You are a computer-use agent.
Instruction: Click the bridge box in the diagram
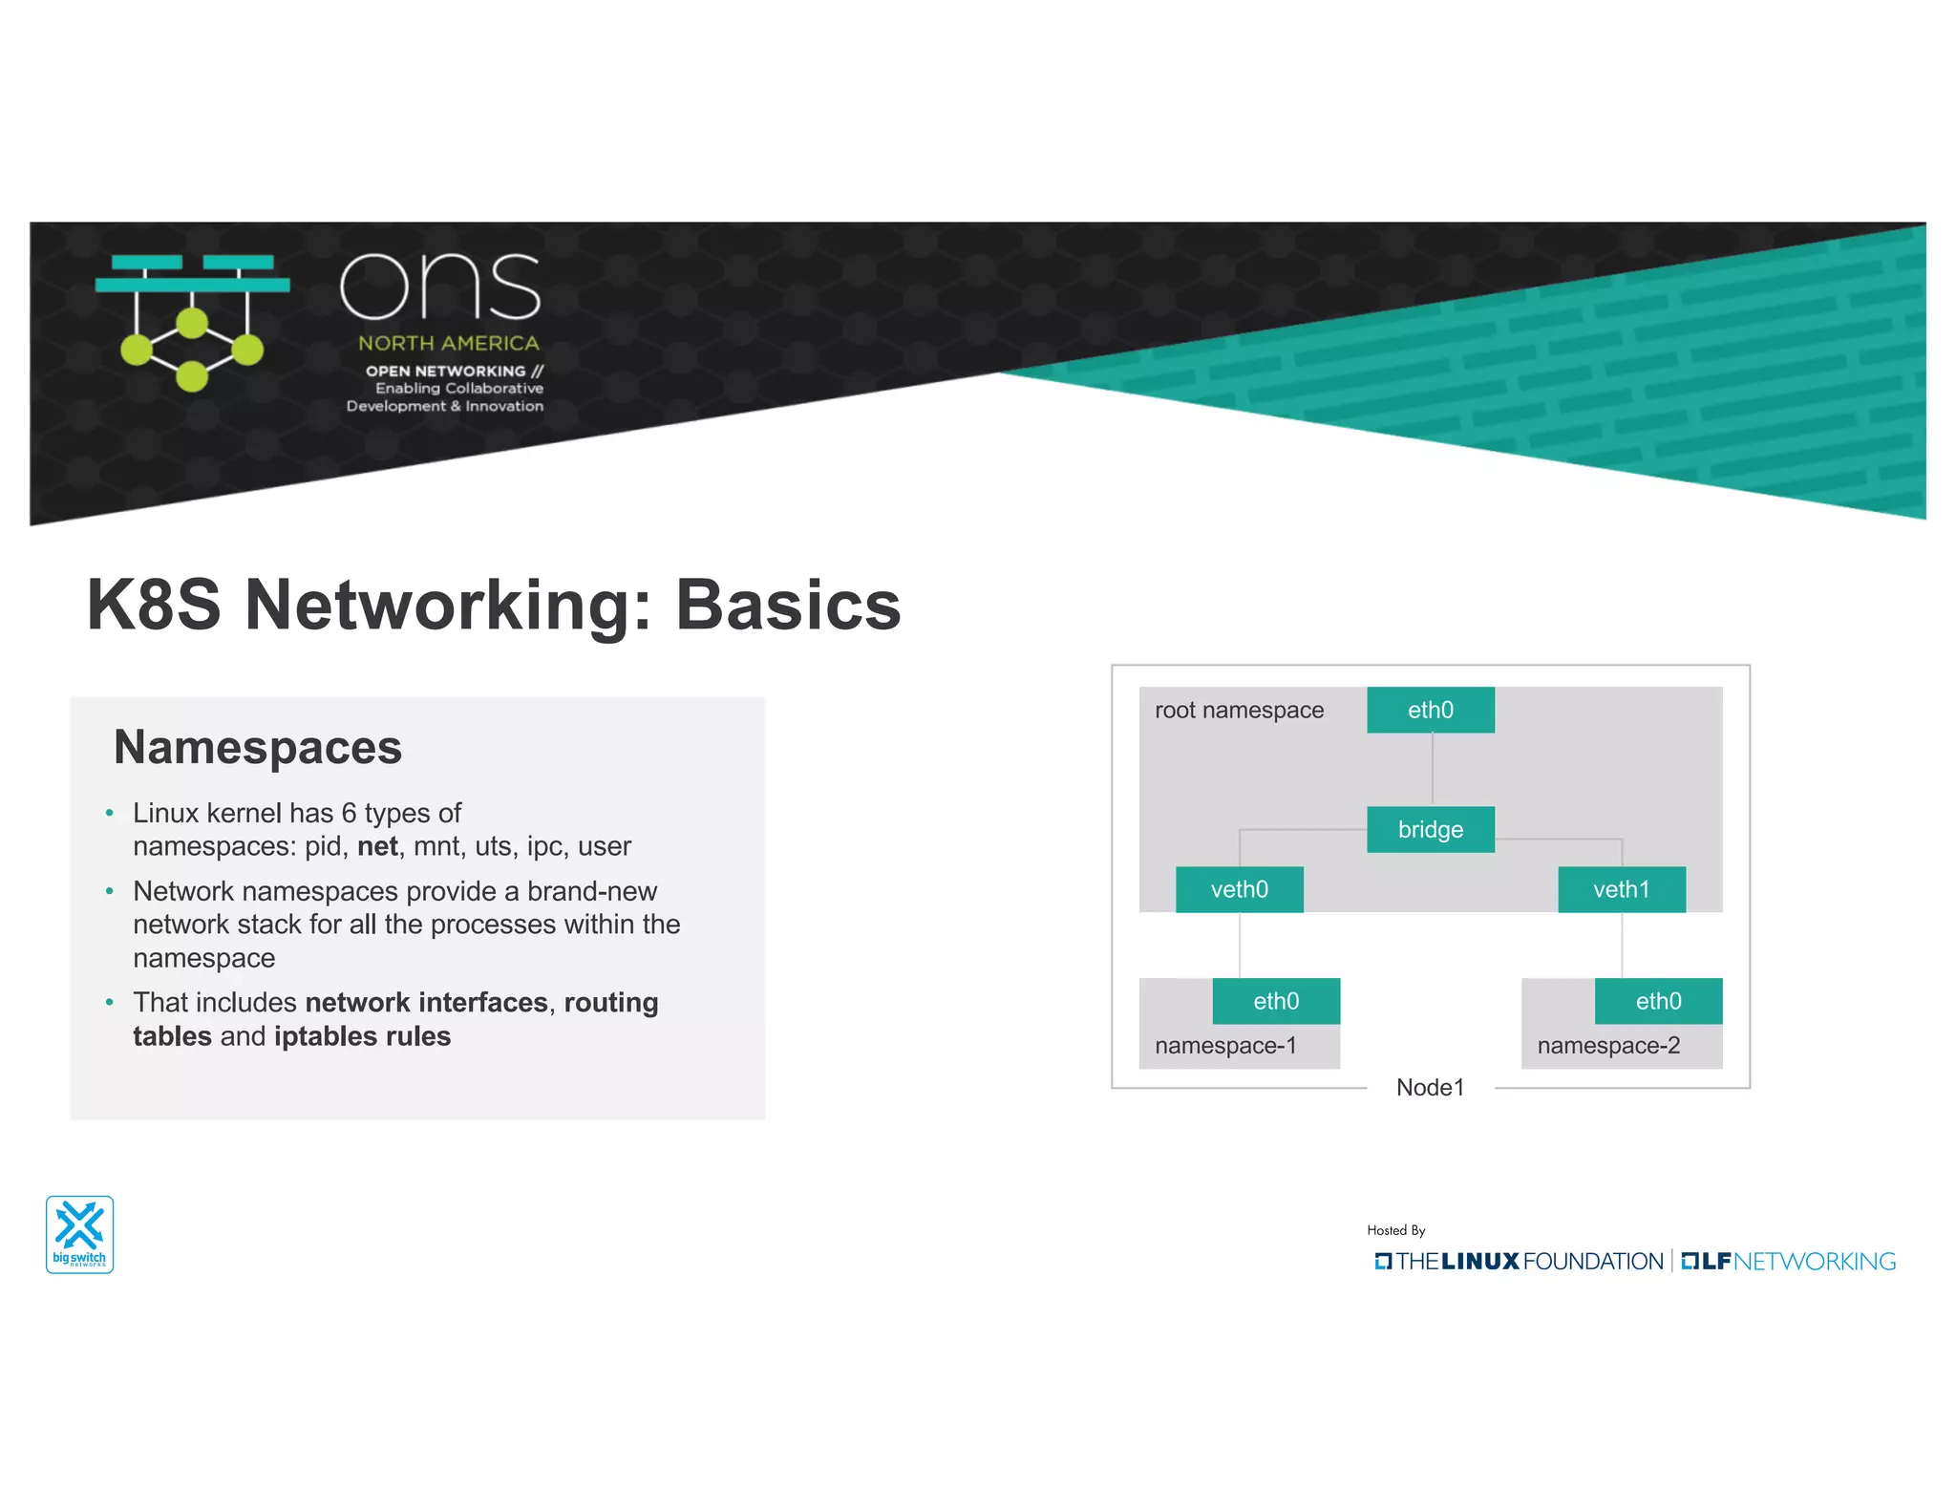(1430, 829)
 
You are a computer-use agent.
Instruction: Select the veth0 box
(1239, 889)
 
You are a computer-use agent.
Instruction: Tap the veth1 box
(1621, 889)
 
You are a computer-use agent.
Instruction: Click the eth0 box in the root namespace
(1430, 710)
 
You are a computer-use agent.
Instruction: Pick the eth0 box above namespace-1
(1276, 1001)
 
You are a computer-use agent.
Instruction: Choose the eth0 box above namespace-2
(1658, 1001)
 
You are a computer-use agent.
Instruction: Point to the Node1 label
(1430, 1087)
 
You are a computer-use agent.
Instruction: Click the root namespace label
(1239, 710)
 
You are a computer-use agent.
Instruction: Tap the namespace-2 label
(1608, 1045)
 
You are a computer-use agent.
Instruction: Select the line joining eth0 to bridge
(1432, 770)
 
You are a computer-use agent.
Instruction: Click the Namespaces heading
(258, 747)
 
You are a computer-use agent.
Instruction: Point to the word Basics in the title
(788, 606)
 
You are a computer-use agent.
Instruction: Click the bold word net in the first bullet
(377, 846)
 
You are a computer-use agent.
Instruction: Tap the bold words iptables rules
(362, 1036)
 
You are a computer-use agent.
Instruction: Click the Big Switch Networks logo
(80, 1234)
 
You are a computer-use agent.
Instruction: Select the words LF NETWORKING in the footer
(1788, 1262)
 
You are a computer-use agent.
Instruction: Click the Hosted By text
(1395, 1230)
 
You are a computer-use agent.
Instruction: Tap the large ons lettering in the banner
(440, 286)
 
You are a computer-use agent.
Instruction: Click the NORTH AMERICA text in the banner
(448, 343)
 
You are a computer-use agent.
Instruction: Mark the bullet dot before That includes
(110, 1002)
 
